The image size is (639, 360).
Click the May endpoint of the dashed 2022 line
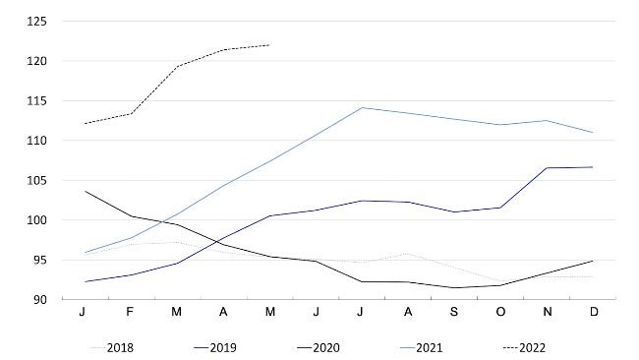(268, 44)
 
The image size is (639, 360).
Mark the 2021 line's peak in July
(361, 107)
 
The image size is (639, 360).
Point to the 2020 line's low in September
(453, 287)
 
